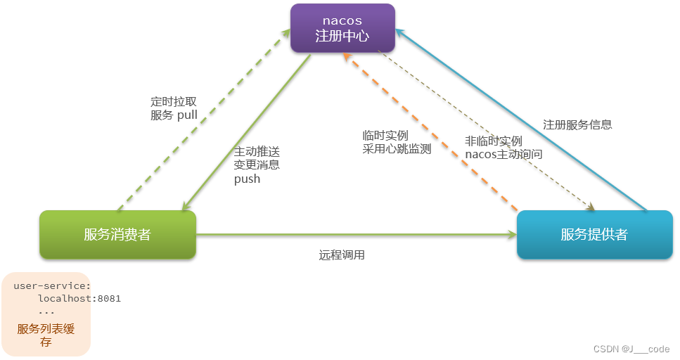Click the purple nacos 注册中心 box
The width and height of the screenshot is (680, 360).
coord(342,28)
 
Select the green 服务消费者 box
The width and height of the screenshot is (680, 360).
coord(117,235)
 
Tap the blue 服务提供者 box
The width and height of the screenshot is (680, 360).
coord(594,235)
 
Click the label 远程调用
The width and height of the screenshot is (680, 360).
coord(342,255)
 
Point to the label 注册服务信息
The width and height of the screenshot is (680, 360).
coord(577,124)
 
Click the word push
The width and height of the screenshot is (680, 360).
coord(247,179)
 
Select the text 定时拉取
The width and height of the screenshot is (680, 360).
coord(173,101)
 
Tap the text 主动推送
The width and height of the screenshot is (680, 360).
coord(257,150)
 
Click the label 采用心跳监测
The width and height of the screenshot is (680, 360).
coord(397,149)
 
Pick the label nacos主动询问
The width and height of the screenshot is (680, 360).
coord(503,153)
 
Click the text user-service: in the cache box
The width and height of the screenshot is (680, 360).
coord(52,285)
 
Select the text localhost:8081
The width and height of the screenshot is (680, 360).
coord(79,298)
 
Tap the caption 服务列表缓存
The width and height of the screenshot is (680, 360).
coord(46,329)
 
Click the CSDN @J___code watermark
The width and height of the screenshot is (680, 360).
coord(631,349)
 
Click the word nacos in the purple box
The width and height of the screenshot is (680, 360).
coord(342,21)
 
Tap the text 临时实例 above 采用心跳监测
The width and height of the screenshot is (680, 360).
coord(385,135)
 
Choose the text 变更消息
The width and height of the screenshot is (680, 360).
coord(257,165)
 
